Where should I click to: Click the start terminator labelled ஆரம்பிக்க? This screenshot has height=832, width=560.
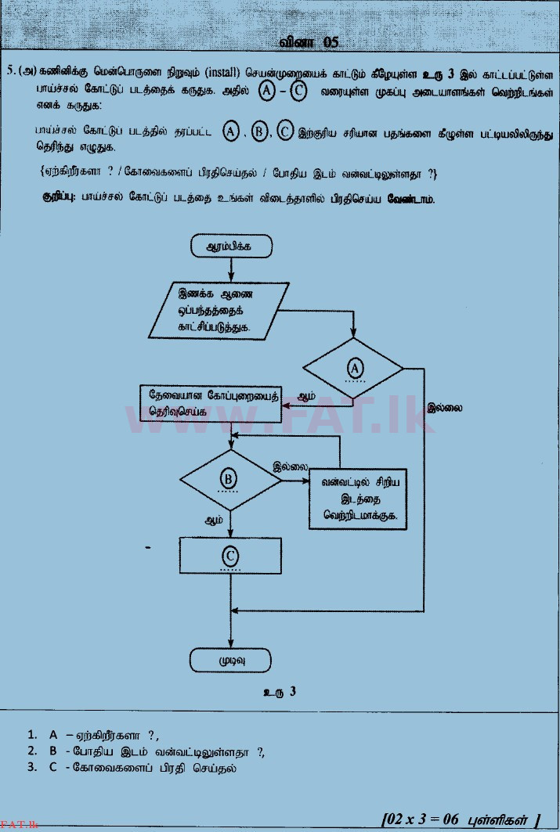230,247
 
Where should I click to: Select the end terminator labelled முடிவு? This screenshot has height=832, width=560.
230,659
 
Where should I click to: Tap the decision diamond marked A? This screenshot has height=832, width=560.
353,368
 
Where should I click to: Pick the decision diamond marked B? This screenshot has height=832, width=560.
229,479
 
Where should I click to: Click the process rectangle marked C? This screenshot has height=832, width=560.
229,556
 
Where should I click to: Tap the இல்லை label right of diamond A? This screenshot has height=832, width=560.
446,407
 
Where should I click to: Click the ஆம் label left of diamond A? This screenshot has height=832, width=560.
307,397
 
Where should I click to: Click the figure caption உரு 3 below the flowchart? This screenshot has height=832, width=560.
280,692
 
